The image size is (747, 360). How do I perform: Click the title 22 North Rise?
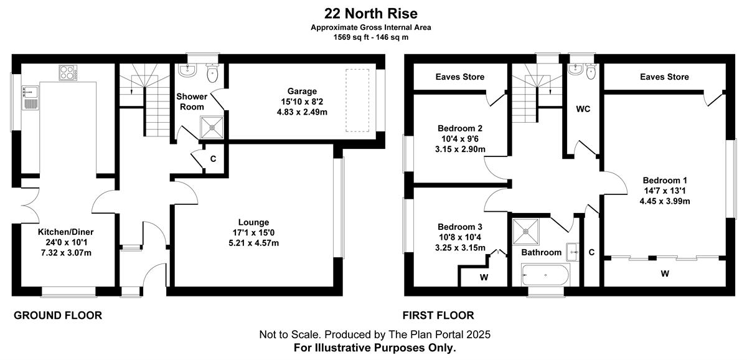(x=371, y=14)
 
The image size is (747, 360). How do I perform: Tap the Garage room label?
(x=302, y=91)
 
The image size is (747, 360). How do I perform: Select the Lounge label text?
(x=253, y=222)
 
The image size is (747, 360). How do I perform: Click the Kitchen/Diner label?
(x=66, y=232)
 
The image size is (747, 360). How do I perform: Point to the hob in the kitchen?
(x=68, y=73)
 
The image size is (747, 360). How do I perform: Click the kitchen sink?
(x=31, y=97)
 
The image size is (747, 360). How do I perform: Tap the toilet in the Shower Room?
(x=212, y=73)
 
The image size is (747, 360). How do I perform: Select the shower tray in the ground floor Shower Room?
(x=212, y=127)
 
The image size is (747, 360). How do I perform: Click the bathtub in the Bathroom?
(x=545, y=275)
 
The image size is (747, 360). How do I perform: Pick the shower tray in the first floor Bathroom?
(x=525, y=231)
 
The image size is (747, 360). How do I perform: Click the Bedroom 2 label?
(x=460, y=128)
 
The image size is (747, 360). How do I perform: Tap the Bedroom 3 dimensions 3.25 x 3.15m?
(x=460, y=248)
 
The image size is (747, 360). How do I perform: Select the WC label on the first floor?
(x=583, y=109)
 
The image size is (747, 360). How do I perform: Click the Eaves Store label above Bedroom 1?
(x=664, y=77)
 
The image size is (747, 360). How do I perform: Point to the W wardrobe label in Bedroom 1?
(x=665, y=273)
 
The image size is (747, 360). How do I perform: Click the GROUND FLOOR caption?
(x=58, y=315)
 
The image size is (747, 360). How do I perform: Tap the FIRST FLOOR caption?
(x=438, y=315)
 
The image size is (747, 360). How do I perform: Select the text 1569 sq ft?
(x=352, y=37)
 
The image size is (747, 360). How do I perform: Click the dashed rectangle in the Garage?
(x=357, y=100)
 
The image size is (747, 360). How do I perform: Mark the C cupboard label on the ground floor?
(x=213, y=159)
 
